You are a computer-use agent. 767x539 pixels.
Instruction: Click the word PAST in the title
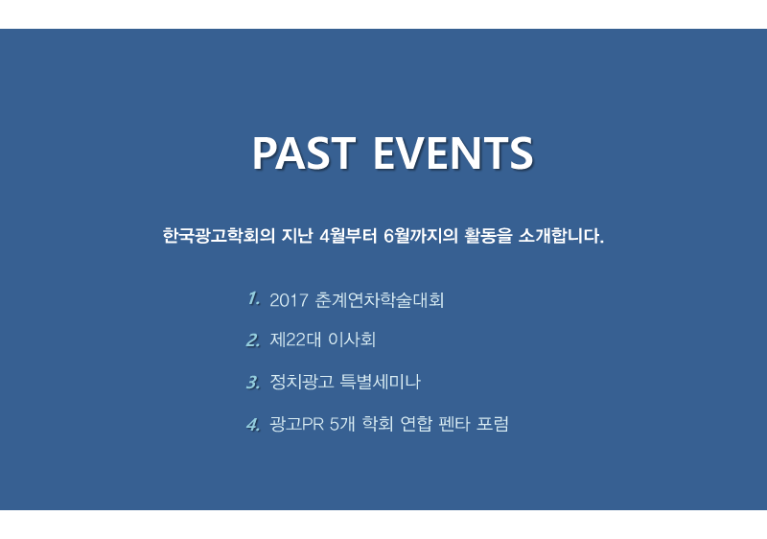tap(304, 152)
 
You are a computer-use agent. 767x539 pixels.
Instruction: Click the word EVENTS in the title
tap(453, 152)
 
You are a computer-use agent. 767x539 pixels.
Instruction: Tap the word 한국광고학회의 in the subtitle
tap(219, 236)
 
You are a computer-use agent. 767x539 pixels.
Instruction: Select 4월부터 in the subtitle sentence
tap(348, 236)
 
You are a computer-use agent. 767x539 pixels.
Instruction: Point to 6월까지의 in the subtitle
tap(420, 236)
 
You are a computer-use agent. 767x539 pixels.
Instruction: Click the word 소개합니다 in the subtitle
tap(561, 236)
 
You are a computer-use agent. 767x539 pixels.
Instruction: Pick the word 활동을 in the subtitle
tap(488, 236)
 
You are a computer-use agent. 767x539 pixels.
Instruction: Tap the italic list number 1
tap(253, 298)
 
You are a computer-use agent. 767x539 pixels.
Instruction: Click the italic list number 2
tap(253, 340)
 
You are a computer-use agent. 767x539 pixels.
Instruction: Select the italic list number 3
tap(253, 382)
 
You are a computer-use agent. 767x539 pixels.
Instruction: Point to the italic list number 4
tap(253, 424)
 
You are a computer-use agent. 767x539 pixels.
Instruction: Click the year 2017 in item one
tap(289, 300)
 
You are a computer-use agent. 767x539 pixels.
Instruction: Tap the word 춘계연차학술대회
tap(379, 300)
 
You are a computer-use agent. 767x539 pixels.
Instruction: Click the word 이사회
tap(352, 340)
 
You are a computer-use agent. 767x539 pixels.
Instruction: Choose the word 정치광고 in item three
tap(301, 382)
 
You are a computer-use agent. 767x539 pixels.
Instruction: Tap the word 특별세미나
tap(380, 382)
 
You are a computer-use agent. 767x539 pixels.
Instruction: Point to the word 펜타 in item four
tap(454, 424)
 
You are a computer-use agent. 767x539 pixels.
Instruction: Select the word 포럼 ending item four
tap(493, 424)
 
